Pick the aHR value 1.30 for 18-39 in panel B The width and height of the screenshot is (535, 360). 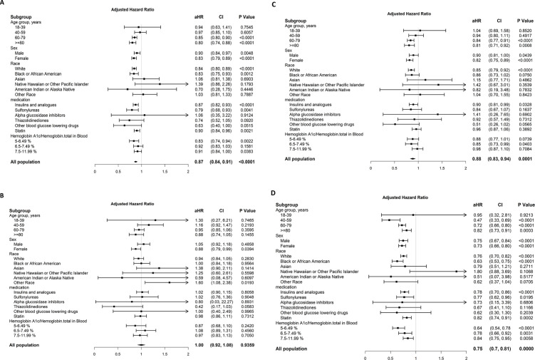(199, 201)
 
